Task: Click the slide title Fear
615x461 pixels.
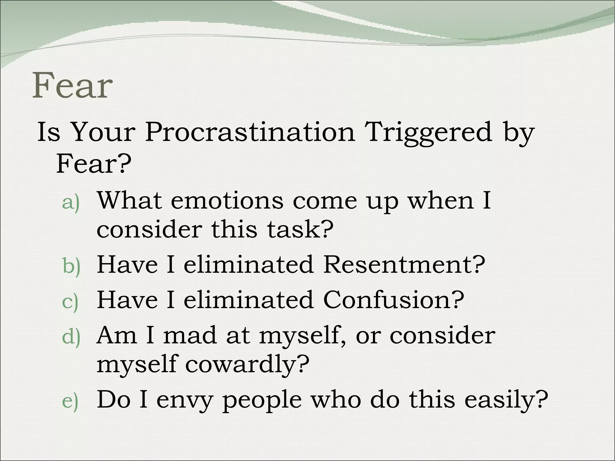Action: click(x=72, y=86)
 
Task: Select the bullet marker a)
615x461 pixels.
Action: click(x=71, y=203)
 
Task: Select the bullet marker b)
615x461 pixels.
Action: click(x=71, y=266)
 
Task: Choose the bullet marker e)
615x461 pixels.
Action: click(x=70, y=401)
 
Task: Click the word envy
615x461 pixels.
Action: click(x=184, y=400)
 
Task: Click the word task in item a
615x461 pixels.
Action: click(x=300, y=229)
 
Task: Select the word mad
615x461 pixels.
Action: click(x=189, y=335)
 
